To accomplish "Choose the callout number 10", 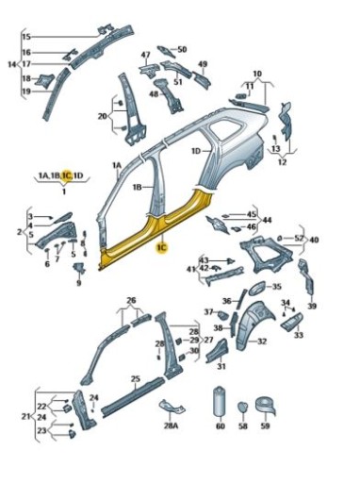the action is pos(257,73).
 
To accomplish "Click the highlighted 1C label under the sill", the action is pos(162,247).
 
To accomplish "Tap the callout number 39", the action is pos(312,307).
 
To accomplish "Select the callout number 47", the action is pos(145,55).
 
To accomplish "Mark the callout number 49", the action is pos(203,64).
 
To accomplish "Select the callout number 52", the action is pos(299,238).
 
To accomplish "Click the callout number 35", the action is pos(276,286).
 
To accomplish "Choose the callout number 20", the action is pos(102,116).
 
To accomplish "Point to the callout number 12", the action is pos(282,161).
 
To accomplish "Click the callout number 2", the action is pos(20,231).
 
